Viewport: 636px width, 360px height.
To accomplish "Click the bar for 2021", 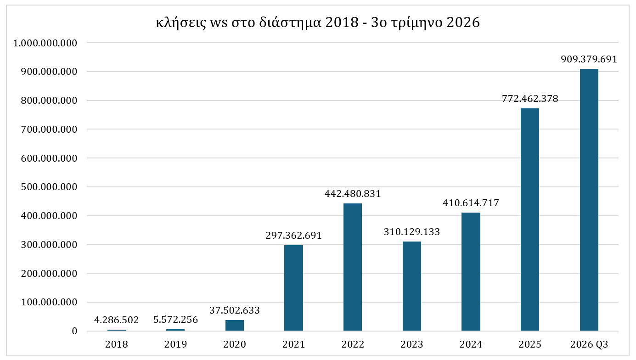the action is coord(293,288).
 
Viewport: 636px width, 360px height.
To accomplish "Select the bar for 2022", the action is coord(353,267).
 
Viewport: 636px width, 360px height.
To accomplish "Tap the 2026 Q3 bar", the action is coord(589,200).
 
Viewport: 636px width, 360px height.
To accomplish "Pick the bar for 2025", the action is coord(530,219).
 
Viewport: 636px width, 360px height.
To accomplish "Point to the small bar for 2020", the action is coord(235,326).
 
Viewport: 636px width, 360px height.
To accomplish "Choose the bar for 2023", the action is coord(412,286).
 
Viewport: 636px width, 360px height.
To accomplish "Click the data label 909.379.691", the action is coord(589,59).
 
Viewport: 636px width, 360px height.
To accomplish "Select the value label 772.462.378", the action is coord(530,99).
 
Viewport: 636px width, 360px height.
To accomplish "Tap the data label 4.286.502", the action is coord(117,320).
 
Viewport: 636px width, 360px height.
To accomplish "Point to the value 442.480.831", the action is coord(353,194).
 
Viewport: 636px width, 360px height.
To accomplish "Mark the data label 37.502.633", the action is coord(235,310).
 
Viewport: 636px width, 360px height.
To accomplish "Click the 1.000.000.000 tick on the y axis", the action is coord(45,43).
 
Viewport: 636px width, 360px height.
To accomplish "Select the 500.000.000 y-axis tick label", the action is coord(49,187).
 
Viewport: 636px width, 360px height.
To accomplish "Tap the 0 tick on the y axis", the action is coord(74,331).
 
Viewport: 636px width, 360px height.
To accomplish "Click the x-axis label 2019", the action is coord(175,344).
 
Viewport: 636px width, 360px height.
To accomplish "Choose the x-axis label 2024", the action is coord(471,344).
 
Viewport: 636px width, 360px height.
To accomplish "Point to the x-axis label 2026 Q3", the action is coord(589,344).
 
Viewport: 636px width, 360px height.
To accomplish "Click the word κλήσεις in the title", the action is coord(181,22).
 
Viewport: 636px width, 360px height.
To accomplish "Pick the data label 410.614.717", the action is coord(471,203).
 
